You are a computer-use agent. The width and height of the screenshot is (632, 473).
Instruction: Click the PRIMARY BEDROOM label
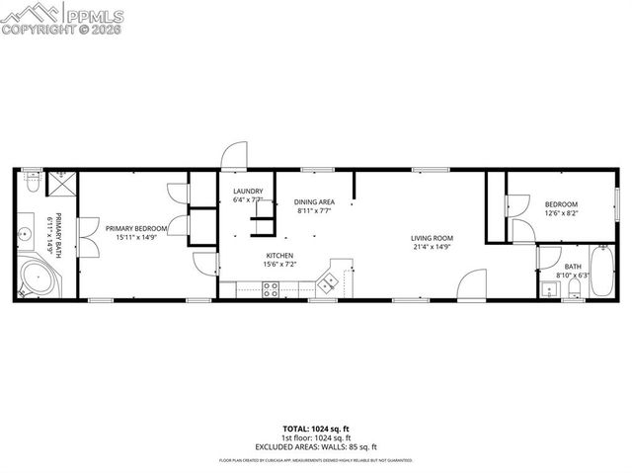point(136,229)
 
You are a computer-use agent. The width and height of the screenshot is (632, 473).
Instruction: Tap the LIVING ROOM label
point(432,238)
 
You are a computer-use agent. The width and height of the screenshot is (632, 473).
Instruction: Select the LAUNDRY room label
point(248,191)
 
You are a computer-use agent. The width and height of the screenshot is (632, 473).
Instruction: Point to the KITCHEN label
point(279,256)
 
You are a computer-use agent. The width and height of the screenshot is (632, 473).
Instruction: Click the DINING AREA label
point(314,201)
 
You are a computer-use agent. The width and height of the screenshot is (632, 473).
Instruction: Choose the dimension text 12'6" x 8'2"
point(561,212)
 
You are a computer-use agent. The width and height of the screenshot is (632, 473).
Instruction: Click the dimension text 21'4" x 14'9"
point(432,247)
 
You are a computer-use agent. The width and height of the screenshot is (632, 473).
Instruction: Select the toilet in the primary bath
point(32,185)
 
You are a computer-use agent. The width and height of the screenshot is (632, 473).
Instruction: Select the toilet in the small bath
point(574,287)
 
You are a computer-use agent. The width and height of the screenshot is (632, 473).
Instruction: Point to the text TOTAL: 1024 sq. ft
point(315,429)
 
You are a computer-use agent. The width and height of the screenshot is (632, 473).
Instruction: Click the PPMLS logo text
point(97,14)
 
